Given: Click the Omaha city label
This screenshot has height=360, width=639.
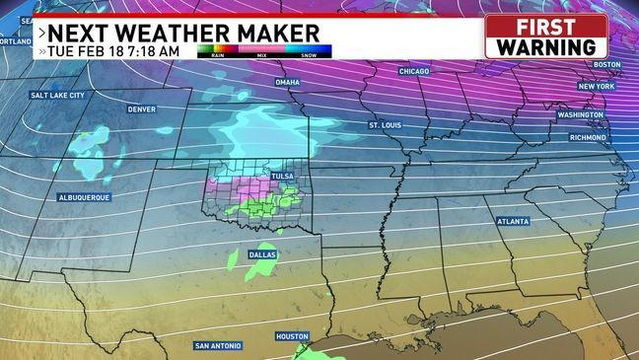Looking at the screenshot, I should point(287,82).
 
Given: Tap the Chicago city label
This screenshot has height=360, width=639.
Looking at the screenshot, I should point(414,72).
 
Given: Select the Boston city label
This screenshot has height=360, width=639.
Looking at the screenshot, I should point(607,64).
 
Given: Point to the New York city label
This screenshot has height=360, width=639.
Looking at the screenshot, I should point(597,87).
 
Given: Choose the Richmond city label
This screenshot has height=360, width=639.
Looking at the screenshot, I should point(588,138).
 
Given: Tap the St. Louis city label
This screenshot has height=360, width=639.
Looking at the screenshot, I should point(387,126).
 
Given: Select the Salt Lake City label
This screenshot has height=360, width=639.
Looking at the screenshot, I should point(58,96).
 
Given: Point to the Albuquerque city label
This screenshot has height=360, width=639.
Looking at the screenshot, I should point(84,197).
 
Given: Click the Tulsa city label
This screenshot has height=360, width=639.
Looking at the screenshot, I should point(286,177).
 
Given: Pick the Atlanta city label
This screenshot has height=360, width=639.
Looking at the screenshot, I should point(513,222).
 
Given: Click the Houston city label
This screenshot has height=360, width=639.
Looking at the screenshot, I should point(292,336).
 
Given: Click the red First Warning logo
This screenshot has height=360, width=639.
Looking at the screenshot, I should point(545,36).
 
